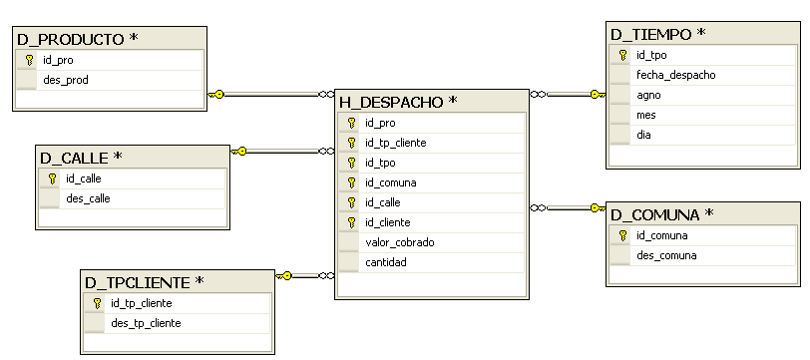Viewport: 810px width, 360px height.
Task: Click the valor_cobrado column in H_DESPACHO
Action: point(400,242)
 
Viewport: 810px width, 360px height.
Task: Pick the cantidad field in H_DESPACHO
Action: point(386,262)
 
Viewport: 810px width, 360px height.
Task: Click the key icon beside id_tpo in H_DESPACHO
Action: point(350,163)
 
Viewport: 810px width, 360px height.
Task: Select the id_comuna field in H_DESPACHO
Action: point(391,182)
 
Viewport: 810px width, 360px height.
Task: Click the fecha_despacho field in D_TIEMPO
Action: point(675,75)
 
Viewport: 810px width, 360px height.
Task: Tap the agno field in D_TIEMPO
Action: point(648,95)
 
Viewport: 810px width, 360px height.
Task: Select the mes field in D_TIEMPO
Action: point(645,115)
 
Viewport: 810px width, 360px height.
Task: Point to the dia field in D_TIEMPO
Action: point(644,135)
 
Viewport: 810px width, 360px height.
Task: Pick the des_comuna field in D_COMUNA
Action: point(666,256)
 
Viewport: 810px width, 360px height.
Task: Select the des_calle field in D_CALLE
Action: point(88,198)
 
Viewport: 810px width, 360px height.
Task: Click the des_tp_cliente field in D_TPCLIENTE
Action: point(147,323)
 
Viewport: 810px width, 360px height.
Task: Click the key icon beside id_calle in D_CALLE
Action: point(52,179)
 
